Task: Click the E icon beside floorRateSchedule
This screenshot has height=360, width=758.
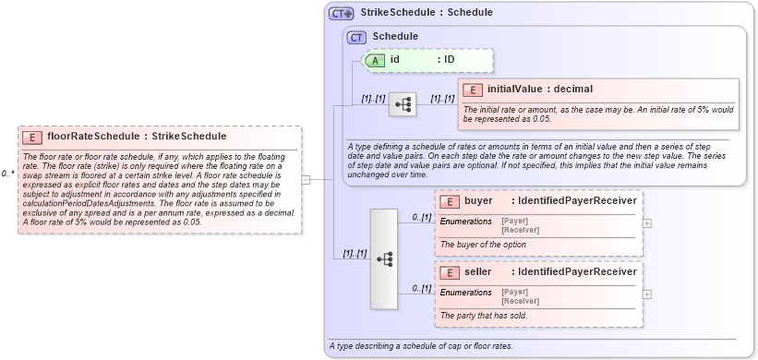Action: tap(31, 137)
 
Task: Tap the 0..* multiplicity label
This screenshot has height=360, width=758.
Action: tap(7, 174)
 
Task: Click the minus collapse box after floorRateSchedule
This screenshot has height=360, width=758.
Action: tap(306, 179)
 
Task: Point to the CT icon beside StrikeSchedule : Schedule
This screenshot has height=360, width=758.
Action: tap(342, 13)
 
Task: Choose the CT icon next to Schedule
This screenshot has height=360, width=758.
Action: tap(356, 37)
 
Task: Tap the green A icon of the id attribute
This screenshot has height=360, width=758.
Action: tap(376, 60)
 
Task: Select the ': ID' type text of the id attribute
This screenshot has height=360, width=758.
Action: tap(446, 60)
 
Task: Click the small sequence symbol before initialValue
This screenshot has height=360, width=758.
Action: tap(402, 104)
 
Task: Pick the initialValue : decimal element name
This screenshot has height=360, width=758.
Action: tap(539, 90)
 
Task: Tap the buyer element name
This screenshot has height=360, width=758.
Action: tap(478, 201)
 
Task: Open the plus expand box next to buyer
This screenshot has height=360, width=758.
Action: tap(646, 222)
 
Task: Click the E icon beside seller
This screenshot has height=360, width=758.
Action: tap(449, 272)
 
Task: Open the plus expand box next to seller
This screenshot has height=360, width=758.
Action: tap(646, 294)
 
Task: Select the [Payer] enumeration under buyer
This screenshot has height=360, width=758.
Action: tap(515, 221)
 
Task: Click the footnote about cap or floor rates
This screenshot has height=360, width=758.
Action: tap(420, 346)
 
